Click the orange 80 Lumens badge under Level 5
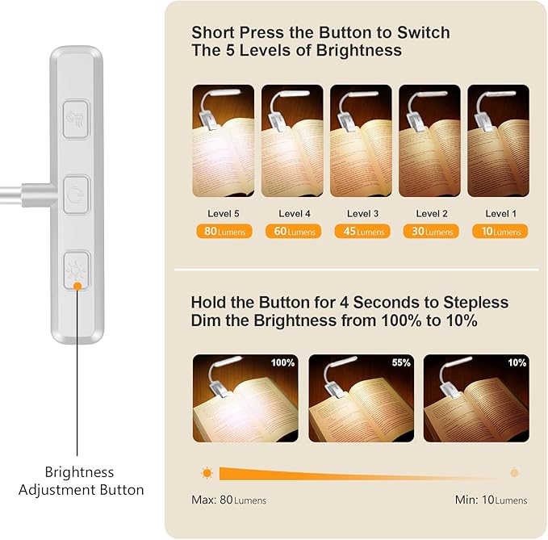tap(223, 232)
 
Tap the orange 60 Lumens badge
tap(291, 232)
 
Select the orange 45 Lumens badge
tap(362, 232)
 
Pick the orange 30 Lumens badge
tap(430, 232)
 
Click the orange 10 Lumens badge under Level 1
tap(500, 232)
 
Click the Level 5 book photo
tap(223, 141)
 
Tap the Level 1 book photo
tap(499, 141)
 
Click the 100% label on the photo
tap(282, 362)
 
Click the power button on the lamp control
tap(76, 194)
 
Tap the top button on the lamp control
tap(76, 118)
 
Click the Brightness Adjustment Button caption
tap(81, 481)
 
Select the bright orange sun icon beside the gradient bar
tap(207, 473)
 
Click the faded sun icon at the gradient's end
tap(514, 473)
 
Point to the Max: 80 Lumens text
tap(228, 500)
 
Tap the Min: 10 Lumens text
tap(491, 500)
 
